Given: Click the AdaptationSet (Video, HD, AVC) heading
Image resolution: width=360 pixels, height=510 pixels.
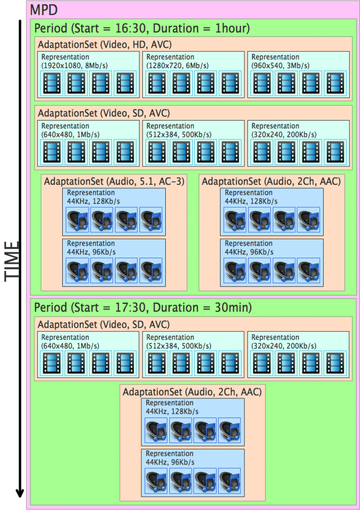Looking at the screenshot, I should pyautogui.click(x=105, y=44).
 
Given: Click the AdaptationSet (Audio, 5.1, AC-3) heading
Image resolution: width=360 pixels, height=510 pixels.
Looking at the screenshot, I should pyautogui.click(x=114, y=182).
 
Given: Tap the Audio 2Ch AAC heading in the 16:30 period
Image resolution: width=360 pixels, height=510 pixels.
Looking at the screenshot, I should pyautogui.click(x=271, y=182).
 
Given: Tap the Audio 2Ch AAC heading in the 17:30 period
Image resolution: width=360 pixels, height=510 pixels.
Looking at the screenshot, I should pyautogui.click(x=192, y=392).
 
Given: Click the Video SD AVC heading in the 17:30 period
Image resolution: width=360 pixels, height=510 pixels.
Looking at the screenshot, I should pyautogui.click(x=104, y=325).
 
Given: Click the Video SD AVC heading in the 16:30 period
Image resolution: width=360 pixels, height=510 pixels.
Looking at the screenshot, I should pyautogui.click(x=104, y=113).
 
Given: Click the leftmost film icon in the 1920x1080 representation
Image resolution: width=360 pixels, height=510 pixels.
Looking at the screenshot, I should pyautogui.click(x=52, y=83).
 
